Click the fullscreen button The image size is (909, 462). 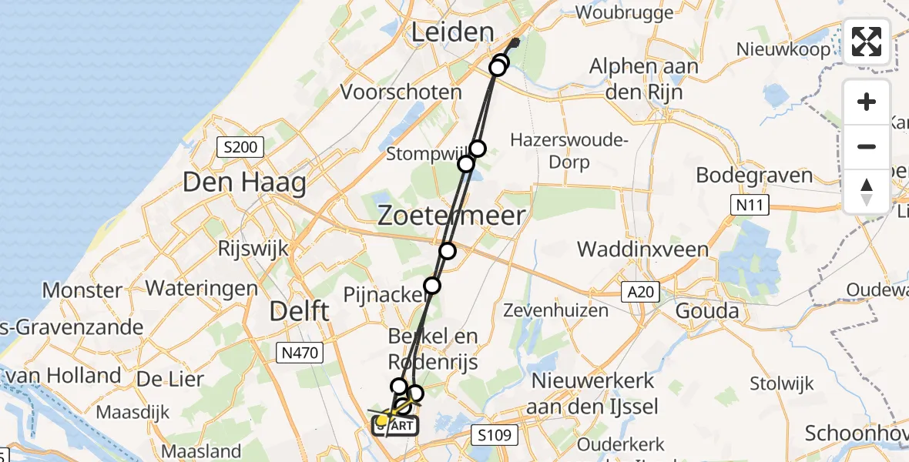867,42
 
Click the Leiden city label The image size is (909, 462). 452,32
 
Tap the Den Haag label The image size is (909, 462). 245,183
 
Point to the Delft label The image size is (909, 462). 300,312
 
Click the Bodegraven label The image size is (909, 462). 754,175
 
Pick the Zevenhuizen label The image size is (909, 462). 555,310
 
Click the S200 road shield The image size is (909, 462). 240,146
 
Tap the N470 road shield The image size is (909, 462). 301,353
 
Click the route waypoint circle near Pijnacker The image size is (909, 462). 432,286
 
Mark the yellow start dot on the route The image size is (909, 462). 382,420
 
